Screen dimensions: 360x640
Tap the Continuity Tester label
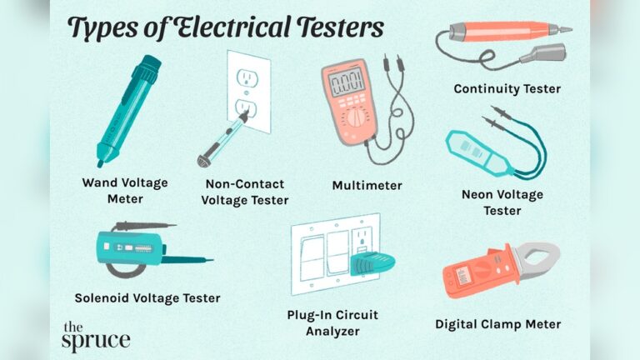507,87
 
